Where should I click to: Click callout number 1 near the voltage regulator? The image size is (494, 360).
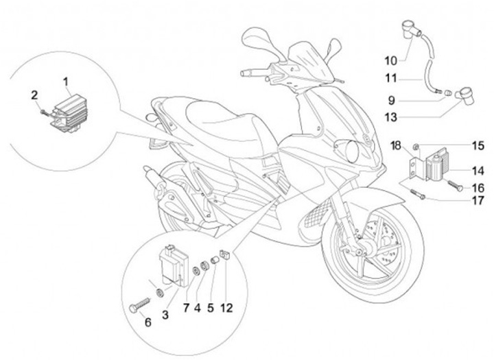point(67,83)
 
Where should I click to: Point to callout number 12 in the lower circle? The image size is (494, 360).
point(228,309)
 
